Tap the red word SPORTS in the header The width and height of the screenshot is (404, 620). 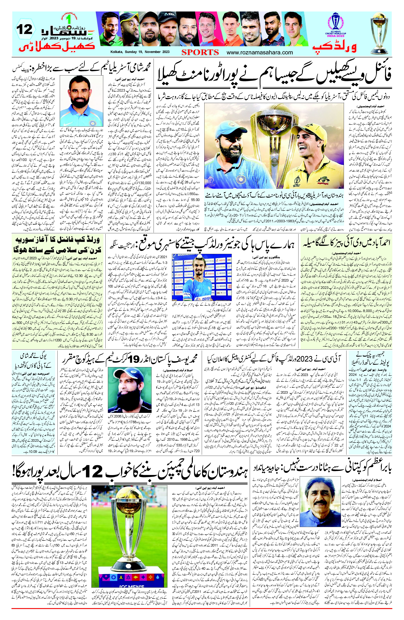200,52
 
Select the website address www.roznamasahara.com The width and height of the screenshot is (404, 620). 260,52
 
